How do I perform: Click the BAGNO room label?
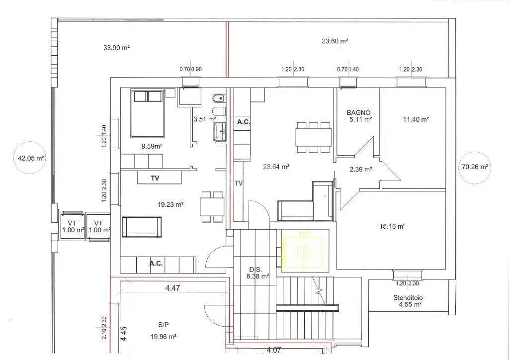click(358, 113)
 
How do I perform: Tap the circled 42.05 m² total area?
click(29, 158)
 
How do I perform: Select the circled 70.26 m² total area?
click(475, 167)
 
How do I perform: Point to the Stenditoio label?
click(408, 298)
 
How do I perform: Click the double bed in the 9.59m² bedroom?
click(148, 113)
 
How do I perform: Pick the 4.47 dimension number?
click(172, 288)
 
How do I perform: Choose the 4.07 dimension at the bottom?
click(274, 350)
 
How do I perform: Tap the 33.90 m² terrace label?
click(116, 48)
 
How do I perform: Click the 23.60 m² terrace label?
click(335, 41)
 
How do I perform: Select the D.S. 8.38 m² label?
click(258, 273)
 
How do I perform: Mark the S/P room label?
click(163, 324)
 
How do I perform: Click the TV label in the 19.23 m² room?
click(155, 178)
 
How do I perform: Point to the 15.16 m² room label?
click(392, 226)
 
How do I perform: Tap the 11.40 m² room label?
click(416, 119)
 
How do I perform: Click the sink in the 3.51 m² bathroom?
click(220, 131)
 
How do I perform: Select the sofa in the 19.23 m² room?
click(142, 227)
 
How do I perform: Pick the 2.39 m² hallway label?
click(360, 169)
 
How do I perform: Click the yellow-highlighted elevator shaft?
click(303, 251)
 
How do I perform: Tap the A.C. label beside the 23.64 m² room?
click(243, 122)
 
